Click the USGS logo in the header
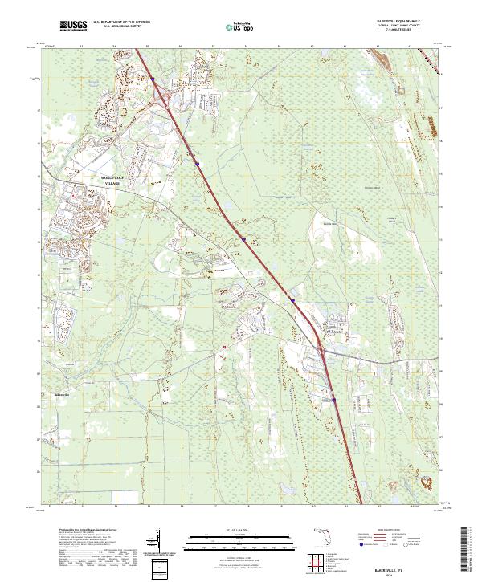pos(73,26)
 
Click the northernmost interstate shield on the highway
pos(152,79)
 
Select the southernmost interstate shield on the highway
pos(333,397)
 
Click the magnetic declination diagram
pos(160,543)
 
